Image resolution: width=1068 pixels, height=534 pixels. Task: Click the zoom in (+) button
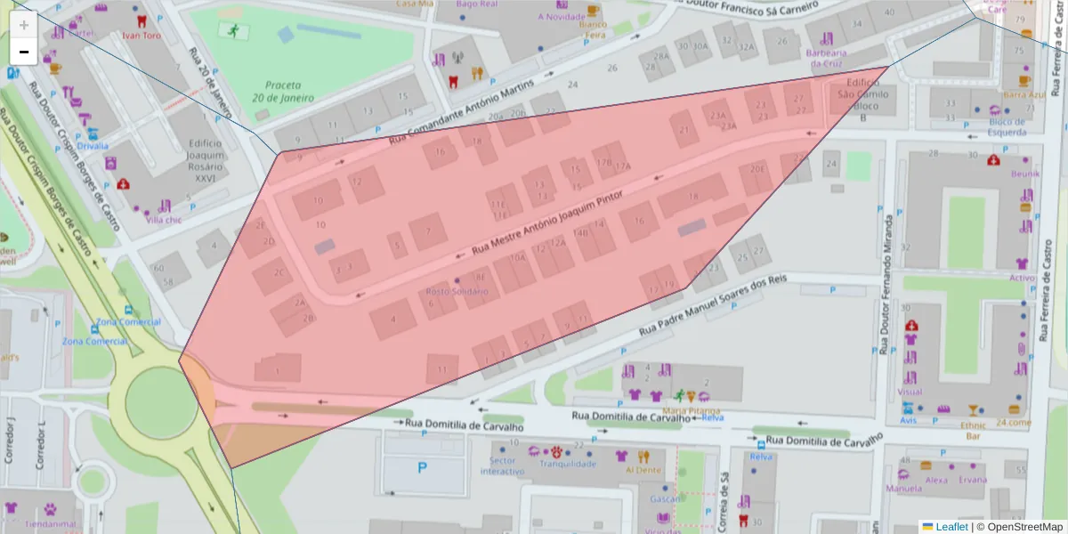23,24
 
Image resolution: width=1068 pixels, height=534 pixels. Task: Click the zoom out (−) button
23,52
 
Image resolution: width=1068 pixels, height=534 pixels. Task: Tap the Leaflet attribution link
951,526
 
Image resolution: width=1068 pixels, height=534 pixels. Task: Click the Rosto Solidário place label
457,291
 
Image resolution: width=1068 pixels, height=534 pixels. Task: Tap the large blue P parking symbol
422,466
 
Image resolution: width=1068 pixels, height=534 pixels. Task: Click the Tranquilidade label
568,463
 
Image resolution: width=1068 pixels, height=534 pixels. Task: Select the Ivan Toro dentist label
140,36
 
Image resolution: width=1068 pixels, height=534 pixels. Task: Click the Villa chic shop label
164,219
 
